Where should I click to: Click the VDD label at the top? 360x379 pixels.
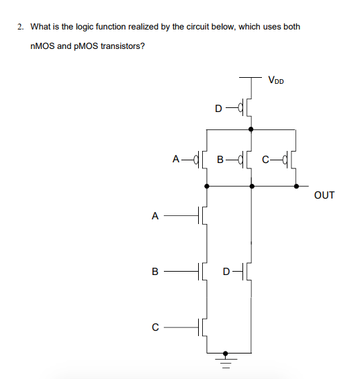pos(275,81)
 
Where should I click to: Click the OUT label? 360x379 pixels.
pos(324,196)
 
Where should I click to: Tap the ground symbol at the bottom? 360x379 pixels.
pos(226,362)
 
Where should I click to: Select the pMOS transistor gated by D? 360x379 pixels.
pos(247,107)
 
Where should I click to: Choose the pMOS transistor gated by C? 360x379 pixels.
pos(291,160)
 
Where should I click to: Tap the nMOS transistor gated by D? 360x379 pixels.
pos(247,272)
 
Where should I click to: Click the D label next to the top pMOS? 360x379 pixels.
pos(218,107)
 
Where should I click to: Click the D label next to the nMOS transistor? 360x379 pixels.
pos(227,272)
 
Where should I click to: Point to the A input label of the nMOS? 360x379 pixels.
pos(155,216)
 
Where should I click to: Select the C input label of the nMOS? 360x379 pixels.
pos(155,327)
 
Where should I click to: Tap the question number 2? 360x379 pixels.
pos(21,27)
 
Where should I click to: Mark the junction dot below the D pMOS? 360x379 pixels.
pos(251,129)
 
